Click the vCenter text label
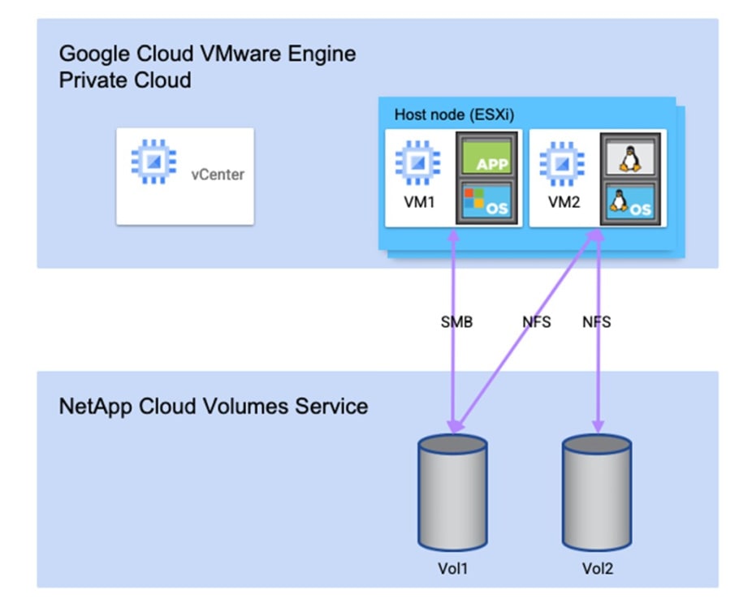[x=217, y=175]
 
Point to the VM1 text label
[x=421, y=203]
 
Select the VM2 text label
[x=565, y=203]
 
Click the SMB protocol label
[x=456, y=322]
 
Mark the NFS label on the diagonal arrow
[x=536, y=322]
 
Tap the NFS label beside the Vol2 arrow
[x=596, y=322]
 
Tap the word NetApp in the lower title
[x=92, y=406]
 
